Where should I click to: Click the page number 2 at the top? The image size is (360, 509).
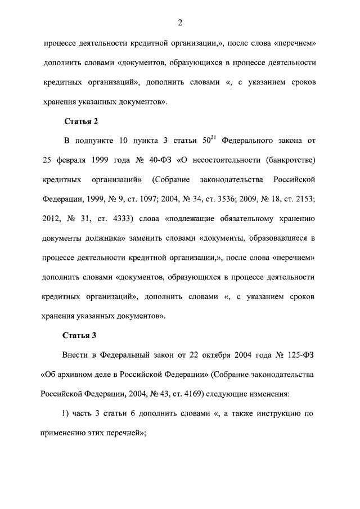(180, 22)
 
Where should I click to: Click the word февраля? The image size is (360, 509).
(75, 160)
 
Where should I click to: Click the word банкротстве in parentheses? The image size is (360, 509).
(289, 160)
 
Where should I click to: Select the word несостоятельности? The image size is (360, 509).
(220, 160)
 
